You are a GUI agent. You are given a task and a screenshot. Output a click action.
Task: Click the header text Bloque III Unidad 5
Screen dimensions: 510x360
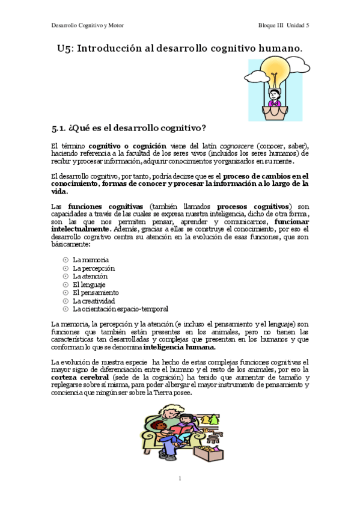(284, 25)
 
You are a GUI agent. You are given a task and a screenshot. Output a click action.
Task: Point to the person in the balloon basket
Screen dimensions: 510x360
(275, 96)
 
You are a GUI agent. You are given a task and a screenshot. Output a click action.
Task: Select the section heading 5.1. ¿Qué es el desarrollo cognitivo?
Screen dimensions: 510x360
(129, 127)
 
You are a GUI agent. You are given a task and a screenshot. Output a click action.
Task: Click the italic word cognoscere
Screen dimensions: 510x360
(235, 146)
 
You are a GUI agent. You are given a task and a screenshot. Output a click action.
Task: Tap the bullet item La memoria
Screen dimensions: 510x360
(91, 259)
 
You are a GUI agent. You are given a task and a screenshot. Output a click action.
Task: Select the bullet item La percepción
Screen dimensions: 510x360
(94, 268)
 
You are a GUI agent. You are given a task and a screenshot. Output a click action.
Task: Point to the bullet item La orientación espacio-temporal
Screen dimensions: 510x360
(120, 309)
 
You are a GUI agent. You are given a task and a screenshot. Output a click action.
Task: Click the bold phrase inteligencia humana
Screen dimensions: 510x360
(180, 347)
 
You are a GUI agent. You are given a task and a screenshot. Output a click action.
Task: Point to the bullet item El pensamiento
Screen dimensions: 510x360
(96, 292)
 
